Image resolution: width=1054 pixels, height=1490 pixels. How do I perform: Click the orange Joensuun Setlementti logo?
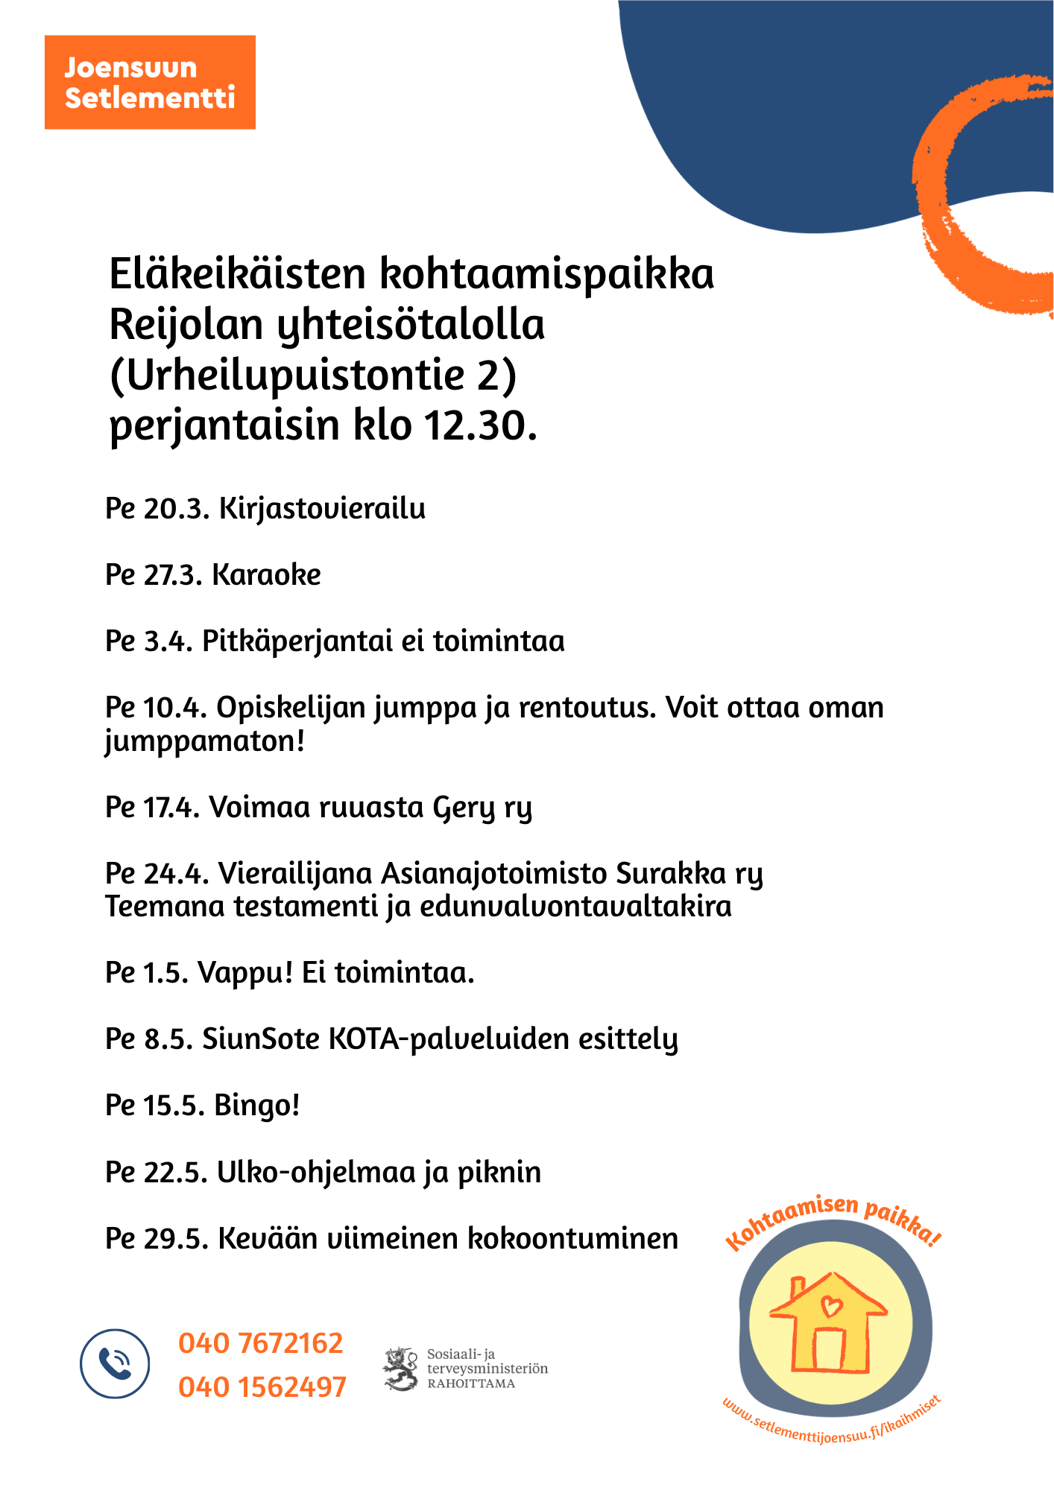[x=150, y=82]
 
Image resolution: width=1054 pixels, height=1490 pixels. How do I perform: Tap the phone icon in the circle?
[x=115, y=1363]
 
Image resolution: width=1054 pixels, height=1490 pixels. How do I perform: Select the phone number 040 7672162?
[x=261, y=1343]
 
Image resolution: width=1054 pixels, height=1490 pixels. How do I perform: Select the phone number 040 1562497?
[x=262, y=1387]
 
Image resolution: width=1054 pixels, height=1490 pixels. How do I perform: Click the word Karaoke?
[x=266, y=575]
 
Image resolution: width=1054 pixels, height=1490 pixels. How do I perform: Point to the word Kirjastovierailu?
[x=322, y=509]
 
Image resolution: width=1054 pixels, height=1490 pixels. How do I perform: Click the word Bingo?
[x=257, y=1106]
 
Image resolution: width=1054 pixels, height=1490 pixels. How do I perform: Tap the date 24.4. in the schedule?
[x=175, y=873]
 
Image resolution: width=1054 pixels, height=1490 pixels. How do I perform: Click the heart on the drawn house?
[x=830, y=1305]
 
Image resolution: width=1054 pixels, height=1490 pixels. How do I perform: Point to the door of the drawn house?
[x=829, y=1349]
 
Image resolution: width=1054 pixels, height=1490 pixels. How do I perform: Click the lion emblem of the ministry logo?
[x=402, y=1369]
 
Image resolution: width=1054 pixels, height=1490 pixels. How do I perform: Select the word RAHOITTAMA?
[x=471, y=1384]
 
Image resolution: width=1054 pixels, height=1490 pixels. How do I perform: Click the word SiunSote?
[x=261, y=1039]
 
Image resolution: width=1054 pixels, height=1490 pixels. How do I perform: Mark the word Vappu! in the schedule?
[x=245, y=973]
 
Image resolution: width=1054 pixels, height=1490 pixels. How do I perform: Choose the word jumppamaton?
[x=205, y=742]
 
